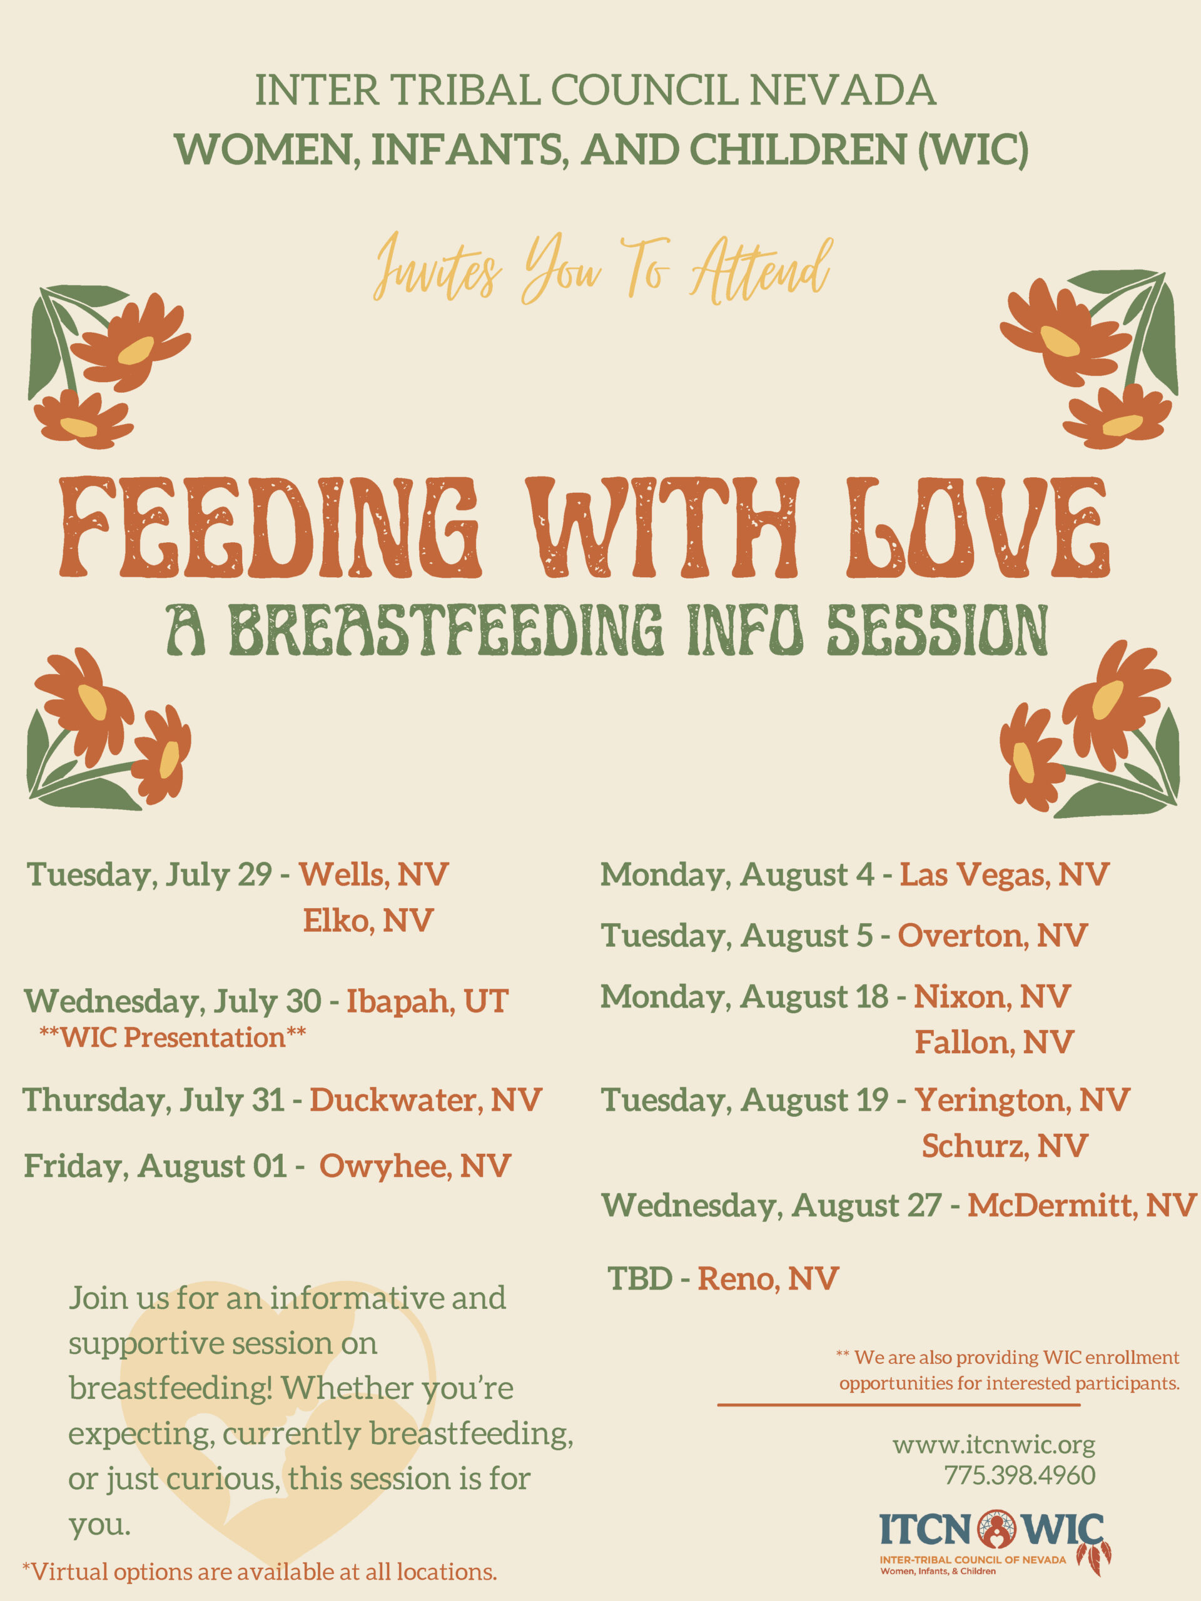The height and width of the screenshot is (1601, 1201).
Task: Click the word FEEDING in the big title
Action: pos(270,528)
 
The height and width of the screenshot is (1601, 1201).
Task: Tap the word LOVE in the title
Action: pos(977,528)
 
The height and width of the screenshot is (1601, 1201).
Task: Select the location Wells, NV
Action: pos(373,875)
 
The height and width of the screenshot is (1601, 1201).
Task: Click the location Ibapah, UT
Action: pos(427,1002)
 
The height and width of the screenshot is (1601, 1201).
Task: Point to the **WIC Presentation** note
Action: pos(172,1037)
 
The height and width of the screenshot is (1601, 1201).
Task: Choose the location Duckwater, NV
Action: pos(426,1100)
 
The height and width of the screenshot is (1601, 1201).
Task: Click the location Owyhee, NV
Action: pos(415,1166)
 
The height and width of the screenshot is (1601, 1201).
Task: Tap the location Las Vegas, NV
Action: pos(1004,875)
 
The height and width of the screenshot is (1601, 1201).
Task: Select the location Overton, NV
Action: pos(993,936)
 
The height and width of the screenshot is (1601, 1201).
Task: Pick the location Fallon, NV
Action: pos(994,1043)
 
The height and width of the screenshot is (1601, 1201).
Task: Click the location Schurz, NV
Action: pos(1005,1146)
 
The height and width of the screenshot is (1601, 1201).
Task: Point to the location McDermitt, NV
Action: pos(1082,1205)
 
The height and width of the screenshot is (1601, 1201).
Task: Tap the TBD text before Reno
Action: pos(640,1279)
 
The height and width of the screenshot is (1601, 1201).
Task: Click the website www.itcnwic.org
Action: pos(994,1445)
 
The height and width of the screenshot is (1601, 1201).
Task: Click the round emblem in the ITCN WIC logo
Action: pos(997,1529)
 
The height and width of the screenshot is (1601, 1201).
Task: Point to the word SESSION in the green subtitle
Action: pos(938,630)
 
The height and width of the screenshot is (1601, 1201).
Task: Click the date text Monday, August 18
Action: pos(744,997)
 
